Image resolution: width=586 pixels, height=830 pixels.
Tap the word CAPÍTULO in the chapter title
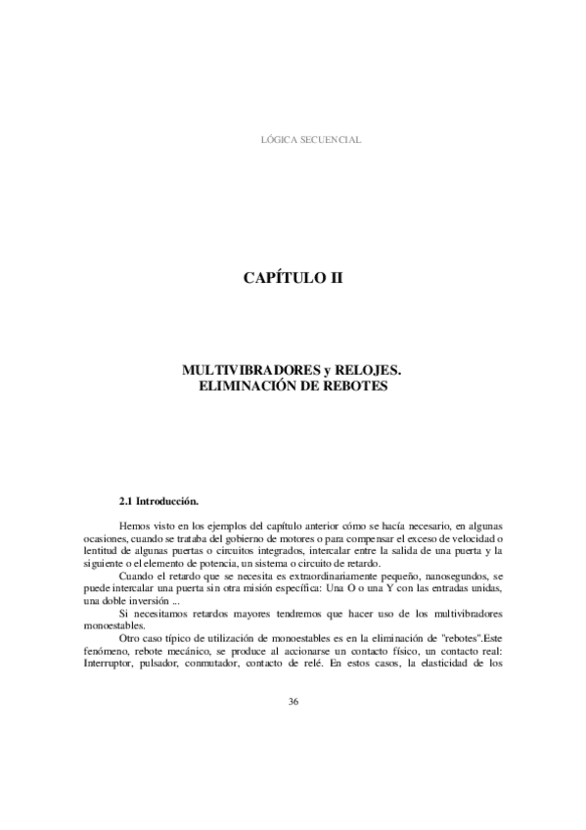(280, 278)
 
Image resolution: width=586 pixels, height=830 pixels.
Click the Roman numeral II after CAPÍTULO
(335, 278)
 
